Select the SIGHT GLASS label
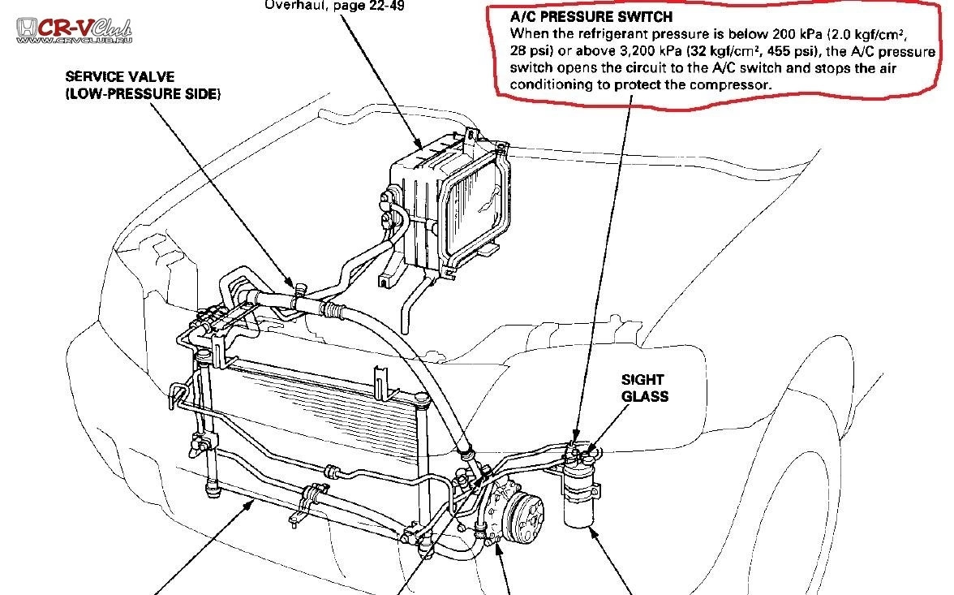click(644, 388)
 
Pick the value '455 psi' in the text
click(790, 50)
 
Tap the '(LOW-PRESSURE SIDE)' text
click(143, 94)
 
